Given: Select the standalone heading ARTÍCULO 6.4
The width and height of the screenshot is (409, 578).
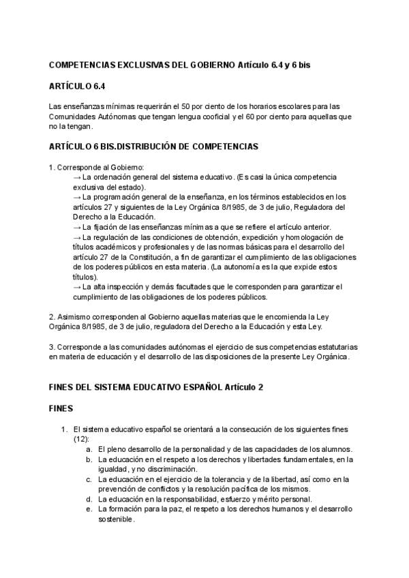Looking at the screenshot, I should point(77,86).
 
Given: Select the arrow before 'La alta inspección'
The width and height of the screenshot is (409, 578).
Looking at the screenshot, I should point(76,287).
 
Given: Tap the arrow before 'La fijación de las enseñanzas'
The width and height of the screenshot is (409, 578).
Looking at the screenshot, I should point(76,227).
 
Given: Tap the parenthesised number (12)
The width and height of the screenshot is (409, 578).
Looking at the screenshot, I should point(80,439).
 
